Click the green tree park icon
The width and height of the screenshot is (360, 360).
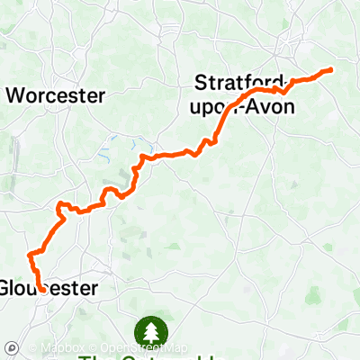point(147,331)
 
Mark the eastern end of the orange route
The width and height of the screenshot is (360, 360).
point(332,69)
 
